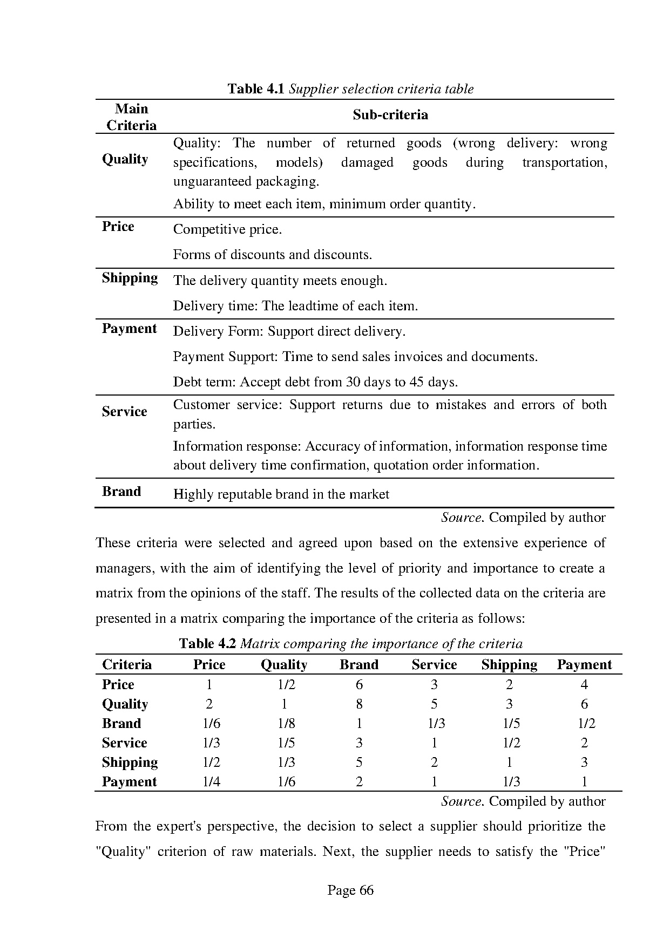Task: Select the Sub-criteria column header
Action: click(390, 115)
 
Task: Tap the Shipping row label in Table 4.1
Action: click(130, 278)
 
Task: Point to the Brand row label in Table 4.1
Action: click(121, 492)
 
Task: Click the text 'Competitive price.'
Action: click(227, 230)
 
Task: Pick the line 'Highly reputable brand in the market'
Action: click(281, 494)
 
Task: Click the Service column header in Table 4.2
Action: click(434, 665)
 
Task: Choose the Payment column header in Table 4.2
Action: click(584, 665)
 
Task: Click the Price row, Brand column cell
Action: click(359, 685)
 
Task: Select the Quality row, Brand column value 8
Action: click(359, 704)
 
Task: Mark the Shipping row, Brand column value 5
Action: click(359, 763)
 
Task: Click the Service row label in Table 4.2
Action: click(124, 743)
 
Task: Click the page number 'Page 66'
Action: click(350, 890)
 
